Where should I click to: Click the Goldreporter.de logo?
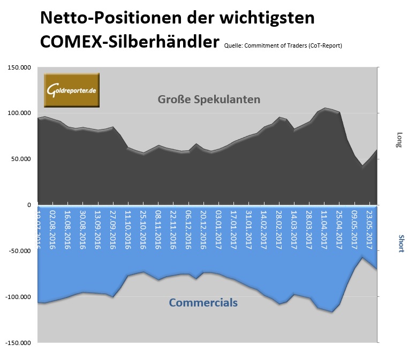(x=71, y=89)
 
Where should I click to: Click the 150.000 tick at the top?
(x=18, y=67)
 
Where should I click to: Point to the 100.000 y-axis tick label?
(x=18, y=113)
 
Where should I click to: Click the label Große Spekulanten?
(x=209, y=99)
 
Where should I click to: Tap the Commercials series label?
(x=203, y=303)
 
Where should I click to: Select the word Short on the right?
(x=400, y=243)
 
